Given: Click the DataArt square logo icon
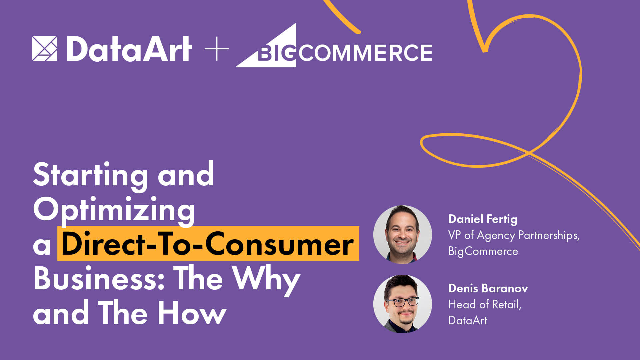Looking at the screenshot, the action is tap(44, 49).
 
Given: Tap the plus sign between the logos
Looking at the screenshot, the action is tap(217, 49).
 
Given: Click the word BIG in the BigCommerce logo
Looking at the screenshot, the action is tap(277, 53).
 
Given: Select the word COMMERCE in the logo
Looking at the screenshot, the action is tap(365, 53).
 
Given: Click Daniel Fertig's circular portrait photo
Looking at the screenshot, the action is tap(402, 235).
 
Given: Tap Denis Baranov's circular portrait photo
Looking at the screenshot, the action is tap(402, 304).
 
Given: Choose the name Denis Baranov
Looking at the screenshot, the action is tap(488, 288).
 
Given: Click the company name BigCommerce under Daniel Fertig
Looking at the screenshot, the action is tap(483, 252).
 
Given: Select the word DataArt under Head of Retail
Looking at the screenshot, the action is tap(468, 320).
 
